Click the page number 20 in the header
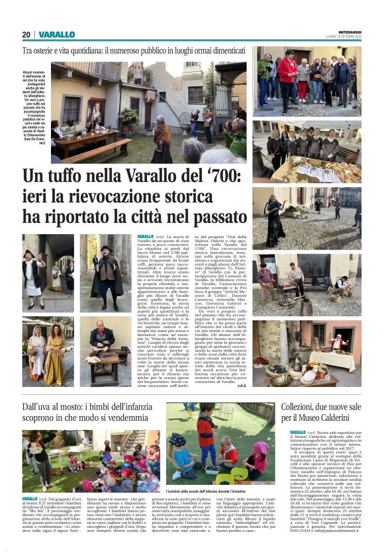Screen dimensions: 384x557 click(x=26, y=34)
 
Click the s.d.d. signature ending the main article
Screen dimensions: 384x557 click(x=241, y=385)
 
